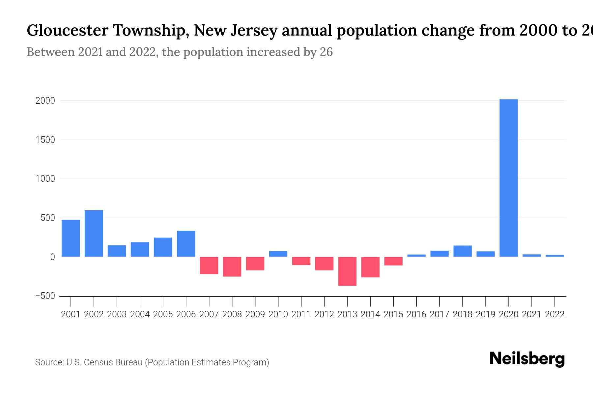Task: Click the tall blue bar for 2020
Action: point(508,178)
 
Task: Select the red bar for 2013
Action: point(347,271)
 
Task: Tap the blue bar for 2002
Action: point(94,233)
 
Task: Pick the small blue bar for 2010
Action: point(278,254)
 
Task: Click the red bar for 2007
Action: point(209,265)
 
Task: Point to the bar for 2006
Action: point(186,244)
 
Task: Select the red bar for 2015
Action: point(393,261)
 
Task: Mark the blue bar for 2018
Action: point(463,251)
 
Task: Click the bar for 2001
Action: point(71,238)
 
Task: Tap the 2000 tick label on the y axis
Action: point(45,101)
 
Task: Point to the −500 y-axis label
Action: point(45,296)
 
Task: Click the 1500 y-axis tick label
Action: point(45,140)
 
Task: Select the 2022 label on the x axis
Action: point(555,314)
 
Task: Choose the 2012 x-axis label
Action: point(324,314)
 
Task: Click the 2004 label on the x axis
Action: point(140,314)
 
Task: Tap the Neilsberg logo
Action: point(527,359)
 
